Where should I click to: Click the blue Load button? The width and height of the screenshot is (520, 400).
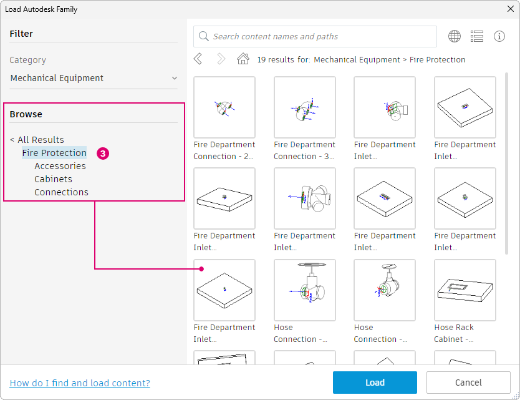375,383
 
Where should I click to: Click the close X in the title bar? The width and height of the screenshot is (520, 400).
511,9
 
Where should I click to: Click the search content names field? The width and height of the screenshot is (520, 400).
315,37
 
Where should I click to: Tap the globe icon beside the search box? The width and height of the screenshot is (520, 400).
455,36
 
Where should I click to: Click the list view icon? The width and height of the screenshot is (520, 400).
477,36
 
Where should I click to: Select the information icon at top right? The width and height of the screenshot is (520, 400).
499,36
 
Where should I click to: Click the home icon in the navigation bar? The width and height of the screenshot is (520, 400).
243,59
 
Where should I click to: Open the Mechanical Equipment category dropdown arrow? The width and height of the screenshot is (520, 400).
175,78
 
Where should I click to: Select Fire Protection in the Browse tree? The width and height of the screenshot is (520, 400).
54,153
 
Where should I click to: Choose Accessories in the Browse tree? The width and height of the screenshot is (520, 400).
60,166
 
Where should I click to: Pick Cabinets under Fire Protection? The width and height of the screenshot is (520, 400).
53,179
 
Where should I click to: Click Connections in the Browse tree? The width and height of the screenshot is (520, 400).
61,192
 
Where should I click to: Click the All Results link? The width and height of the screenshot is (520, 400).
37,140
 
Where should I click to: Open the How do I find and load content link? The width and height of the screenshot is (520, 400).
80,383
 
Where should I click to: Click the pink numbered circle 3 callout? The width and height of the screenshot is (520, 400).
103,154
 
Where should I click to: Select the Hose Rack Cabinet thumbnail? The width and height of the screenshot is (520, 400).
465,290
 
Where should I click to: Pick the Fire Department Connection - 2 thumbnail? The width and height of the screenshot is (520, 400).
224,107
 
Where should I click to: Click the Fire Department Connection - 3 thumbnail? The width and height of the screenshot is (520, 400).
305,107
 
